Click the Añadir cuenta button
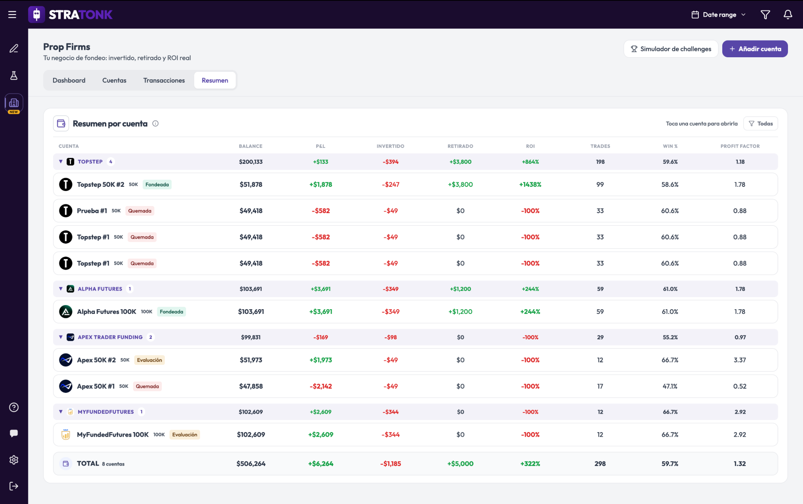tap(755, 49)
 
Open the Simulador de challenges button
tap(671, 49)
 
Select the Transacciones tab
tap(164, 80)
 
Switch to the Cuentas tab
tap(114, 80)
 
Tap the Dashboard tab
tap(69, 80)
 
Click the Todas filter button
tap(761, 124)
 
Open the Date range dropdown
tap(719, 15)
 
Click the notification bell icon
tap(788, 15)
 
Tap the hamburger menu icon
tap(12, 15)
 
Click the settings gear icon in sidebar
tap(14, 460)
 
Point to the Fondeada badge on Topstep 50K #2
tap(157, 185)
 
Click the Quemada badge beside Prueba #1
tap(140, 211)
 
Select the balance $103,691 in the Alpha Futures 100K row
tap(251, 312)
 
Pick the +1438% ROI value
tap(530, 185)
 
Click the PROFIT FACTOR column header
tap(740, 146)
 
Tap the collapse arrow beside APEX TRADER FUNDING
tap(61, 337)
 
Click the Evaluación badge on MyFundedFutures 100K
tap(185, 435)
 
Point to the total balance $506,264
tap(251, 464)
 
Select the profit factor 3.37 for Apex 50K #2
tap(740, 360)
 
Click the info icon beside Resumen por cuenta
tap(156, 124)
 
